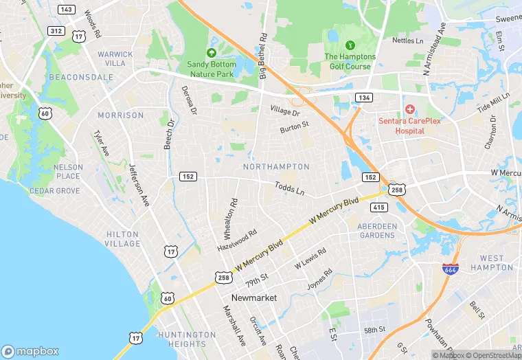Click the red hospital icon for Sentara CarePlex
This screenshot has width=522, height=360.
tap(410, 109)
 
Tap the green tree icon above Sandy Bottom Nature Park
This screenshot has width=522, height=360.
tap(212, 52)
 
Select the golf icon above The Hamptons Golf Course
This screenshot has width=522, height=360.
tap(350, 45)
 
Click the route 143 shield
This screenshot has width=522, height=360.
tap(67, 10)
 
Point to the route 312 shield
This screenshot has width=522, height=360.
tap(56, 31)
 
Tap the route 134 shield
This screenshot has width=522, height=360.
tap(364, 98)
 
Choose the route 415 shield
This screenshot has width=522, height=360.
tap(379, 207)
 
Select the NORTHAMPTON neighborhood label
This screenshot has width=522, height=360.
tap(276, 167)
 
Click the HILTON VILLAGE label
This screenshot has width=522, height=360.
tap(123, 239)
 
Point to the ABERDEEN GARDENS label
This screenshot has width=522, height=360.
tap(378, 230)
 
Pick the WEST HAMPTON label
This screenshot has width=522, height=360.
tap(492, 262)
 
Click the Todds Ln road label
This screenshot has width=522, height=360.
tap(289, 188)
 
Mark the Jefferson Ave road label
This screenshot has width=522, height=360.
tap(140, 185)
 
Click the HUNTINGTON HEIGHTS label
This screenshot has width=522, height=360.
tap(182, 339)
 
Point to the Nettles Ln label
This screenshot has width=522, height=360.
tap(407, 41)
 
